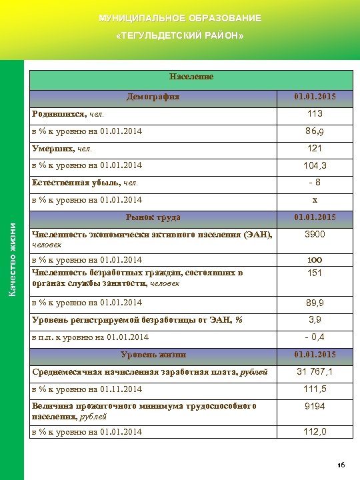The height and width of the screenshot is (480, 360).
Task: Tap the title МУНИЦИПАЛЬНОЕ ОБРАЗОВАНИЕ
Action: [179, 17]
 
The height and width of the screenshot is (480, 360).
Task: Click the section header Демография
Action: [153, 97]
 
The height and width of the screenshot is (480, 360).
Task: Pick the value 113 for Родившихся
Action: [315, 114]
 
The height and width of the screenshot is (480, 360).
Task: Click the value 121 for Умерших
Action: [315, 148]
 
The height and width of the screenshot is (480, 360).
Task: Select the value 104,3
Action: [315, 165]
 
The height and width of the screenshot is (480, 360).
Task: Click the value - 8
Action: [315, 182]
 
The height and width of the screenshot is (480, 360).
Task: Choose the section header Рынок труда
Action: [153, 217]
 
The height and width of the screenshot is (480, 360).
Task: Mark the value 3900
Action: [315, 235]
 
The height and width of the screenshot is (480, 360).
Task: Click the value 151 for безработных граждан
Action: [315, 273]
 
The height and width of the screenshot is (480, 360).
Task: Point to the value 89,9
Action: [315, 303]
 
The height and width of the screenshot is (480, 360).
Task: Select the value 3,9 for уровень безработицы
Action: [315, 320]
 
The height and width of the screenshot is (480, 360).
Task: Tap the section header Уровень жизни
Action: [153, 354]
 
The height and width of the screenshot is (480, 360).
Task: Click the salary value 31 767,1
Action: [315, 371]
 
